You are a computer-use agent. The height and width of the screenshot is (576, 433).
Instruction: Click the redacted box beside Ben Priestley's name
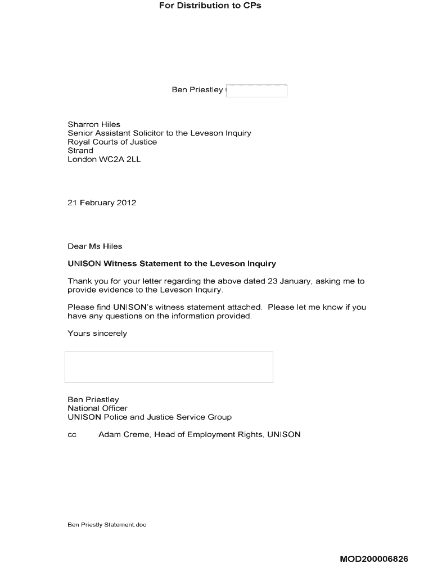click(256, 91)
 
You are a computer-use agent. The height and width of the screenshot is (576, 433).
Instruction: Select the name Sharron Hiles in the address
click(94, 124)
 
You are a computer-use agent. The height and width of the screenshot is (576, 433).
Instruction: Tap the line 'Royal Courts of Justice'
click(112, 142)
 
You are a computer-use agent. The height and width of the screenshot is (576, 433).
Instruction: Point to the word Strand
click(80, 151)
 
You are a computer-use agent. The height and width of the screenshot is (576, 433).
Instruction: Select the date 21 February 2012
click(102, 202)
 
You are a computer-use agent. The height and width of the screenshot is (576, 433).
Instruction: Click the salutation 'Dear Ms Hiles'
click(94, 246)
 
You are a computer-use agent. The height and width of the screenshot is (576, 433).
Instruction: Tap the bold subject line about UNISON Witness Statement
click(172, 264)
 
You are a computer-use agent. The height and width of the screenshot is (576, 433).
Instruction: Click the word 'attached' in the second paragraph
click(243, 307)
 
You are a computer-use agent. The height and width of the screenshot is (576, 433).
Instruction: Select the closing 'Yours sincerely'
click(97, 334)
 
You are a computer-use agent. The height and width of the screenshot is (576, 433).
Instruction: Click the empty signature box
click(169, 367)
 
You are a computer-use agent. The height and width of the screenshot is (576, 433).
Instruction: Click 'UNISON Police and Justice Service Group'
click(150, 417)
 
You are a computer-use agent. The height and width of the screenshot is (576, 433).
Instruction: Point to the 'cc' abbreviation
click(72, 435)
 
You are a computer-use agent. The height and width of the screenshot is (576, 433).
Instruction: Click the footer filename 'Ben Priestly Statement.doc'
click(107, 525)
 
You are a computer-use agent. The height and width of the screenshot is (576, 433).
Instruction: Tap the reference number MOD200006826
click(374, 559)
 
